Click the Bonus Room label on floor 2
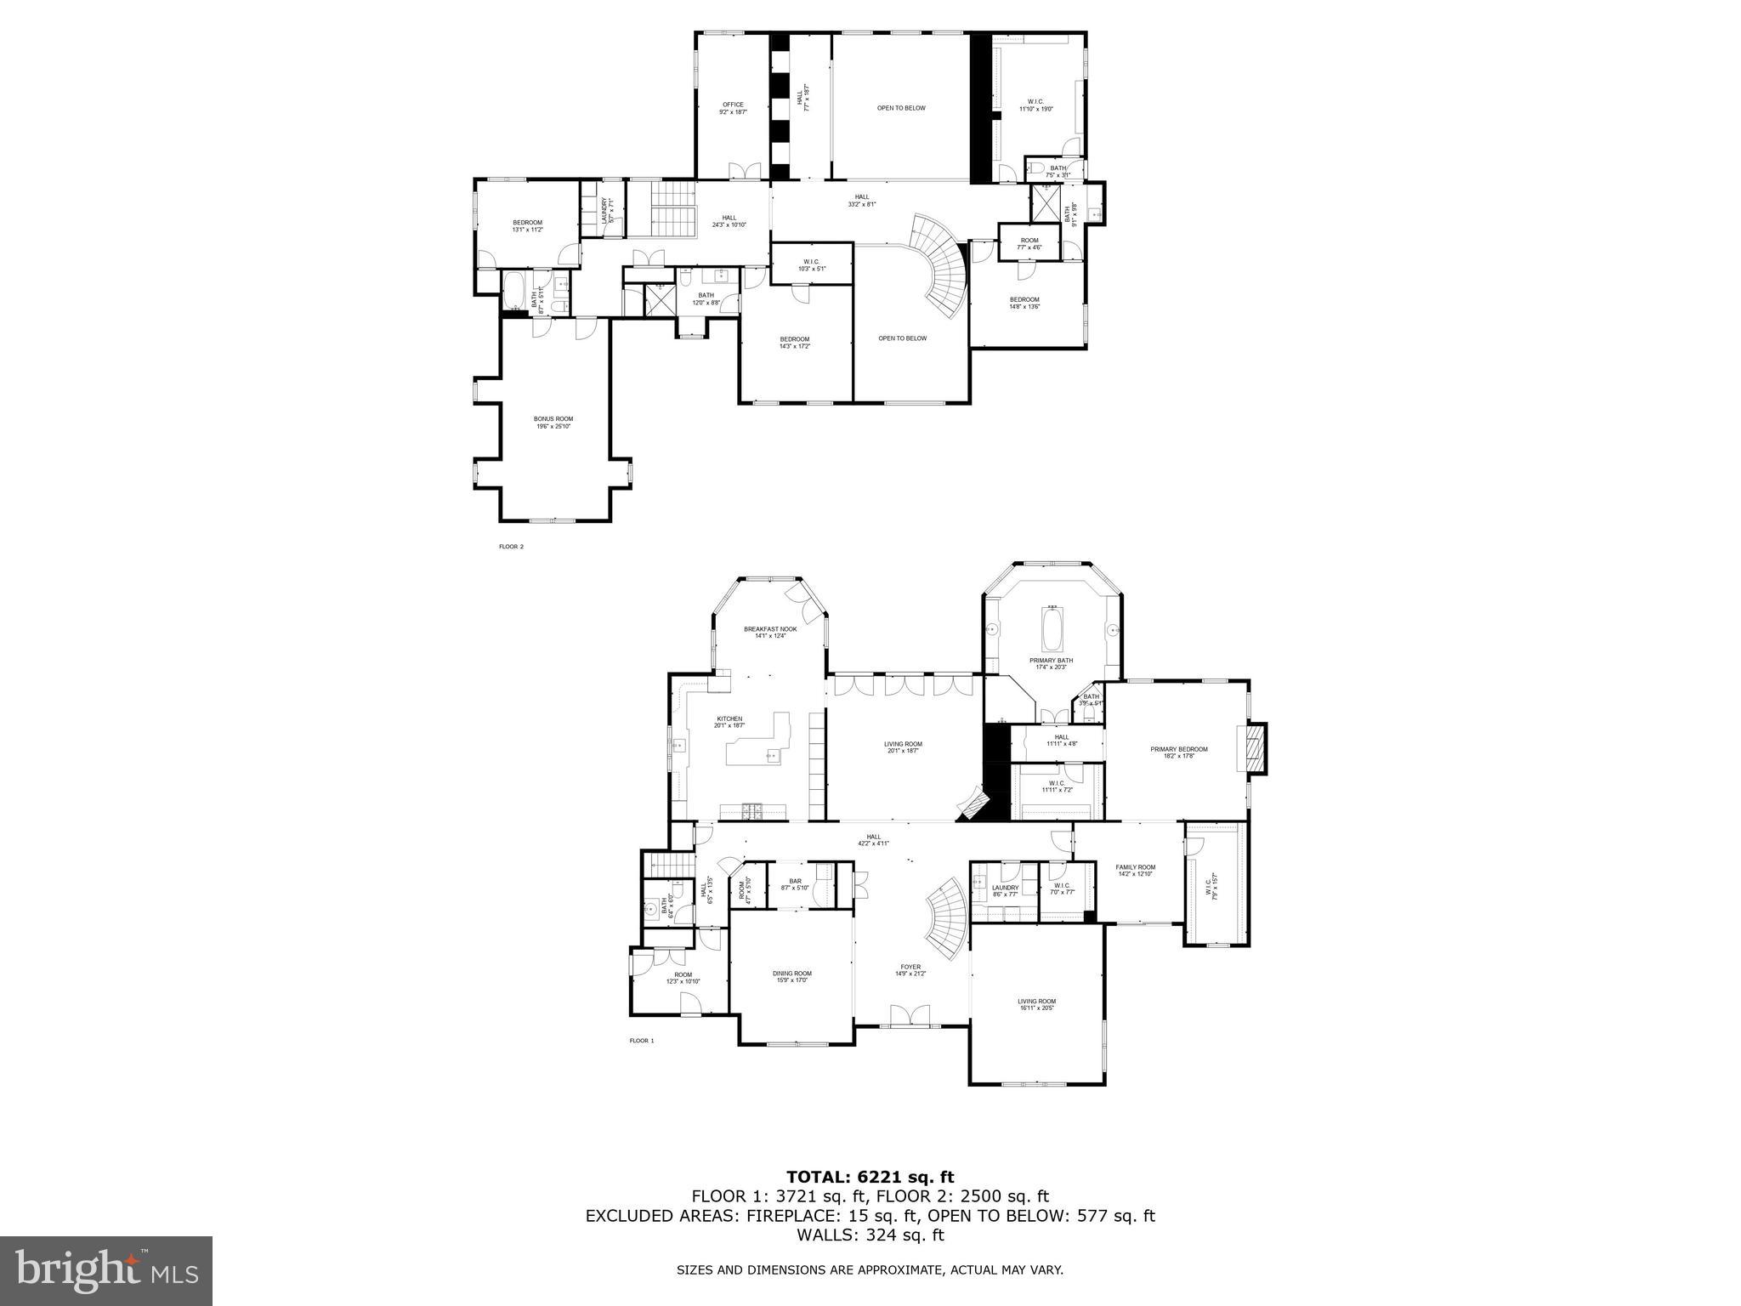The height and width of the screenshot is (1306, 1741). pyautogui.click(x=553, y=422)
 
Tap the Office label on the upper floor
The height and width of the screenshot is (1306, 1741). pyautogui.click(x=733, y=108)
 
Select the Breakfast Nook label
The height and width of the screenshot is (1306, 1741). pyautogui.click(x=770, y=632)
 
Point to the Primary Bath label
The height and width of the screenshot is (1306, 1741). pyautogui.click(x=1052, y=663)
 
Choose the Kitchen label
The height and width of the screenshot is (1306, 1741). pyautogui.click(x=729, y=722)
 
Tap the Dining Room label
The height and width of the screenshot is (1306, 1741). pyautogui.click(x=791, y=977)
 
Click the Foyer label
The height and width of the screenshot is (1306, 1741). pyautogui.click(x=910, y=969)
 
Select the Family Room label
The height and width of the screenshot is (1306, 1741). pyautogui.click(x=1136, y=870)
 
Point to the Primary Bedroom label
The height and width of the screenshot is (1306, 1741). pyautogui.click(x=1178, y=752)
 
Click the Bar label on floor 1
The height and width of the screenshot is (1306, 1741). pyautogui.click(x=795, y=884)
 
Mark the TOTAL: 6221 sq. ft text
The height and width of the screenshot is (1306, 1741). pyautogui.click(x=870, y=1177)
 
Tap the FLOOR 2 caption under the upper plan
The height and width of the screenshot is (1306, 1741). pyautogui.click(x=511, y=547)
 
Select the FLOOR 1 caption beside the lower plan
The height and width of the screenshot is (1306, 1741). pyautogui.click(x=641, y=1041)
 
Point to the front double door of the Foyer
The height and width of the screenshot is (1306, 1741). pyautogui.click(x=910, y=1015)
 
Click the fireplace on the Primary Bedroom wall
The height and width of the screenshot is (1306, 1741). pyautogui.click(x=1255, y=748)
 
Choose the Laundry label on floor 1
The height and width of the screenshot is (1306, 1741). pyautogui.click(x=1005, y=890)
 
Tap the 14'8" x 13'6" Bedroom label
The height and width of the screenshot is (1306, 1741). pyautogui.click(x=1024, y=303)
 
